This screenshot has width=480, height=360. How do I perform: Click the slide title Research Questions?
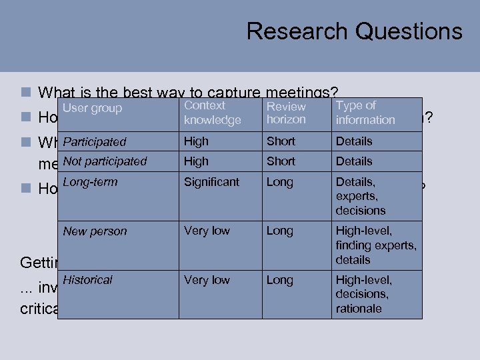tap(354, 31)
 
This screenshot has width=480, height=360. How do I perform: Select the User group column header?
tap(93, 109)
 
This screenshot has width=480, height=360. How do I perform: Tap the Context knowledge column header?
tap(212, 113)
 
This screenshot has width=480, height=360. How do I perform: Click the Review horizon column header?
tap(286, 113)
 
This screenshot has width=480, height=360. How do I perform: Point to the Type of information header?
tap(365, 113)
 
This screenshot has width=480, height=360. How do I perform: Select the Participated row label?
tap(95, 141)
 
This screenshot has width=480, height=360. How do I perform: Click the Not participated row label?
tap(105, 161)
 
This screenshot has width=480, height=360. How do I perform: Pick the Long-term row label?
tap(90, 181)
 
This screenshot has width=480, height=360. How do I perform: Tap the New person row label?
tap(95, 231)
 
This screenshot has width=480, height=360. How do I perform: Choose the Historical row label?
tap(87, 280)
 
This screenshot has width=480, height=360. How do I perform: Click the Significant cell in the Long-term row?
tap(211, 181)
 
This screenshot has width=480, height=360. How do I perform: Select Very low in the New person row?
tap(207, 231)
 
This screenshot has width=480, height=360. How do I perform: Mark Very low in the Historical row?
tap(207, 280)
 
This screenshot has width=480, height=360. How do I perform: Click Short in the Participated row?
tap(281, 141)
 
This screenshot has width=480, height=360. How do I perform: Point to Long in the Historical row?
tap(279, 280)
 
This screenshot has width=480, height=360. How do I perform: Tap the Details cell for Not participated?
tap(354, 161)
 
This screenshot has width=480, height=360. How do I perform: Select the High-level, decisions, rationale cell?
tap(364, 294)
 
